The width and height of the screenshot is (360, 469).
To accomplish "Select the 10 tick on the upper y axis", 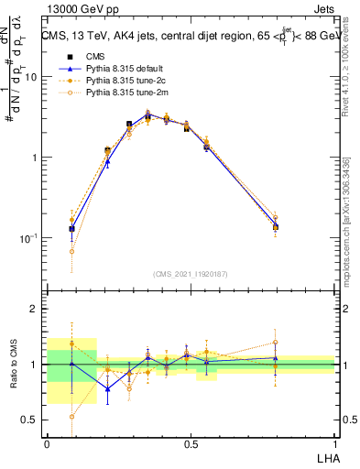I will point(30,77).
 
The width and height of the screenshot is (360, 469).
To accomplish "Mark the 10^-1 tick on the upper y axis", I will point(27,238).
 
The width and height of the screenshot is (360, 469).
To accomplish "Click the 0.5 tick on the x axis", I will point(191,443).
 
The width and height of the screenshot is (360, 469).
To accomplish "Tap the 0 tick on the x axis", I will point(47,443).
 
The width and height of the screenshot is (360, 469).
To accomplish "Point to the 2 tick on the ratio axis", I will point(35,309).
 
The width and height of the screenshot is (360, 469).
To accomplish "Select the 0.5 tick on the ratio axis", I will point(31,420).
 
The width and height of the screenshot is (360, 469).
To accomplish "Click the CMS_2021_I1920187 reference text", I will point(190,275).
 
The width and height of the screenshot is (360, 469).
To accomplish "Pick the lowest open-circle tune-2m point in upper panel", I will point(71,251).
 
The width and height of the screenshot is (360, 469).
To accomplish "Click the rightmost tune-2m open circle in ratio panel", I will point(276,343).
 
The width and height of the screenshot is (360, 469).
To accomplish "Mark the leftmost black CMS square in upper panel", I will point(71,229).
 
